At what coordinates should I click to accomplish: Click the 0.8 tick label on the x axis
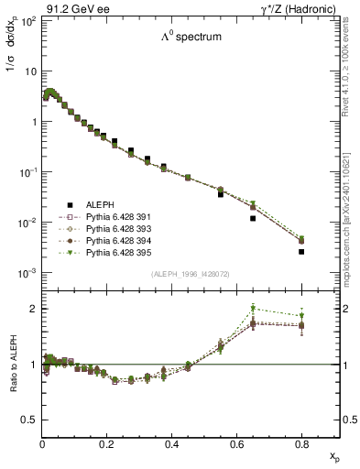click(x=300, y=445)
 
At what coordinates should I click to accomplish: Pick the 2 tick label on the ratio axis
click(x=34, y=309)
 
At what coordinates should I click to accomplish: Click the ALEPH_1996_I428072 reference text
click(x=190, y=275)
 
